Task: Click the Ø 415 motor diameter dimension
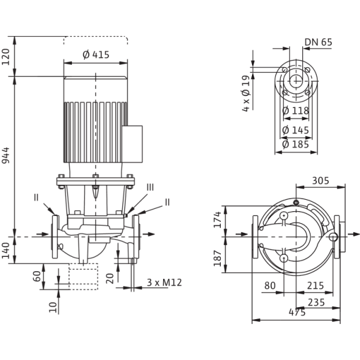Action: pos(96,55)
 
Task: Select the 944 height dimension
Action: pos(6,155)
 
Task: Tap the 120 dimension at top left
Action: pos(6,57)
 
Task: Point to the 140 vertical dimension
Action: pos(6,250)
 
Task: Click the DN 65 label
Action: pos(318,42)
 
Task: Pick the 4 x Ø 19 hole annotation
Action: pos(245,94)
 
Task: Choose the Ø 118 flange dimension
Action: pos(296,110)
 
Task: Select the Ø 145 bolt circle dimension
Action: pos(296,130)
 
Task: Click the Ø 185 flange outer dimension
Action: pos(296,145)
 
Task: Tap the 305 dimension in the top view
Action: pos(320,181)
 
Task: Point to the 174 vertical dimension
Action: pos(217,220)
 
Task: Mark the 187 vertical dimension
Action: pos(217,258)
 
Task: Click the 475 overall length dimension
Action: pos(297,312)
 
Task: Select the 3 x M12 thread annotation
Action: pos(164,283)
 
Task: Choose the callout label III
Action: pos(151,187)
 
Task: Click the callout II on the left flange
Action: pos(36,197)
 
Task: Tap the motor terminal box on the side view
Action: pos(132,144)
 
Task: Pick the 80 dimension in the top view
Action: pos(270,286)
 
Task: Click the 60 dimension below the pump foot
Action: pos(37,276)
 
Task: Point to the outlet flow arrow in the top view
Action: pos(353,234)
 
